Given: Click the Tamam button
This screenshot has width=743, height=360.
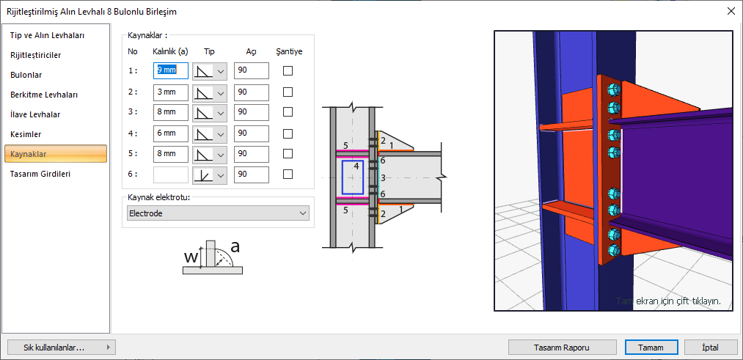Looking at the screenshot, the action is tap(651, 348).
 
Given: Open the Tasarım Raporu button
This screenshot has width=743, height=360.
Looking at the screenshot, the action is tap(562, 348).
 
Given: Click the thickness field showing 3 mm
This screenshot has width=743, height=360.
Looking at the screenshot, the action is tap(171, 92).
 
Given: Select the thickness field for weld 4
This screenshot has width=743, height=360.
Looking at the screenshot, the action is tap(171, 133).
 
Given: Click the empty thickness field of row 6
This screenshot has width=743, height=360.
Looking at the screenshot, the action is tap(171, 175).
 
